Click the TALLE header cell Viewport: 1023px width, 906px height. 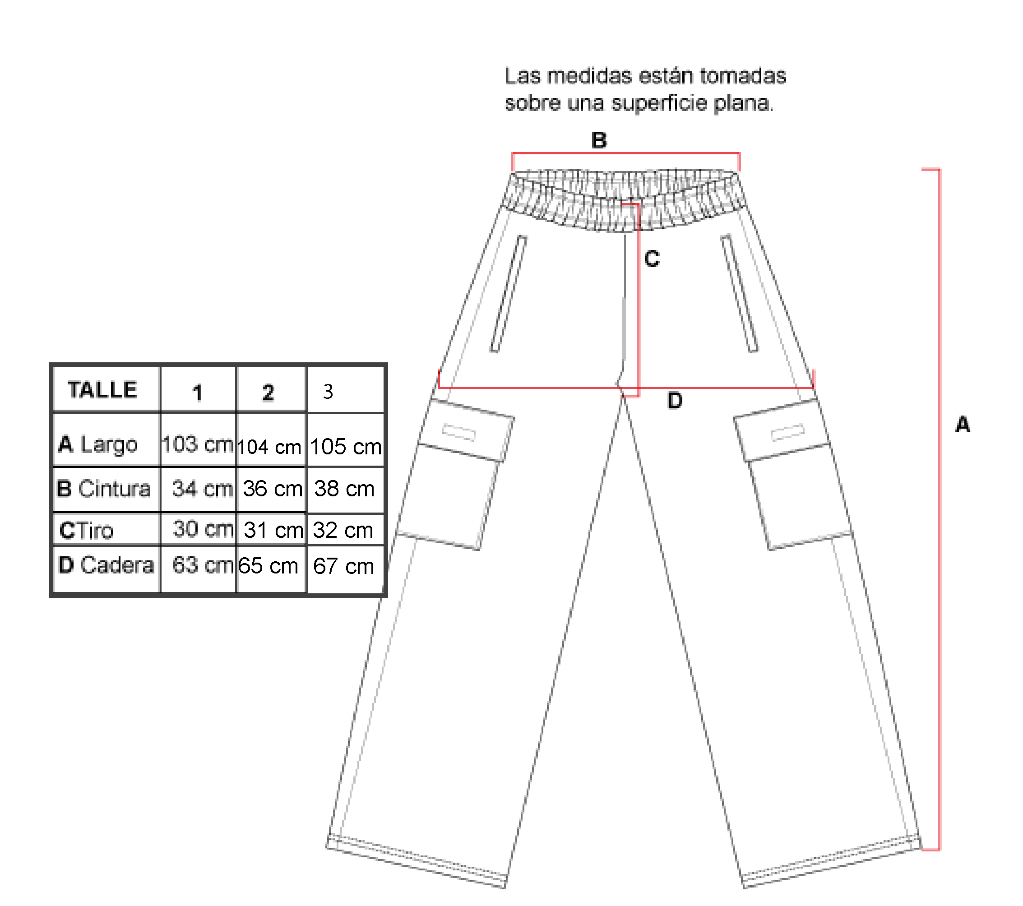point(102,389)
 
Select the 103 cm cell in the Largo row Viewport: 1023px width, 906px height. point(198,444)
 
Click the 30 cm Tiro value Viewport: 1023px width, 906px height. point(203,529)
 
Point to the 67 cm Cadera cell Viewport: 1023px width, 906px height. point(343,566)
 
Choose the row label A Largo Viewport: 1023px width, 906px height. point(98,444)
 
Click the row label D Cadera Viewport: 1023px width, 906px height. point(106,565)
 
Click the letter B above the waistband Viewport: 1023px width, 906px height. point(599,140)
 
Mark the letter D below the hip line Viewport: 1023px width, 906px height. point(675,401)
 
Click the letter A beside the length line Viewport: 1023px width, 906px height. point(963,425)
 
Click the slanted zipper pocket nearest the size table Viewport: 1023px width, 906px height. point(509,294)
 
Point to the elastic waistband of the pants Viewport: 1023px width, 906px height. point(624,200)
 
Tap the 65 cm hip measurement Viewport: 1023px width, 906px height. point(269,566)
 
